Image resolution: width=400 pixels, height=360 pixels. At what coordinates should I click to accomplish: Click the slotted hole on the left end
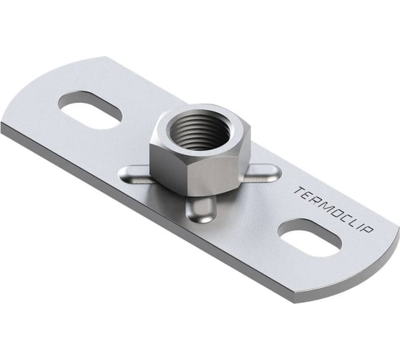(x=90, y=110)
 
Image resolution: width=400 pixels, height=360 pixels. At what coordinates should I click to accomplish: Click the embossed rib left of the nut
(x=134, y=175)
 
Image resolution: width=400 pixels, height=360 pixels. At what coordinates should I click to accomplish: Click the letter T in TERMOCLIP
(x=299, y=191)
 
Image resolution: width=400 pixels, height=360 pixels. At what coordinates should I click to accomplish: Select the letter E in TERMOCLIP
(x=309, y=196)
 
